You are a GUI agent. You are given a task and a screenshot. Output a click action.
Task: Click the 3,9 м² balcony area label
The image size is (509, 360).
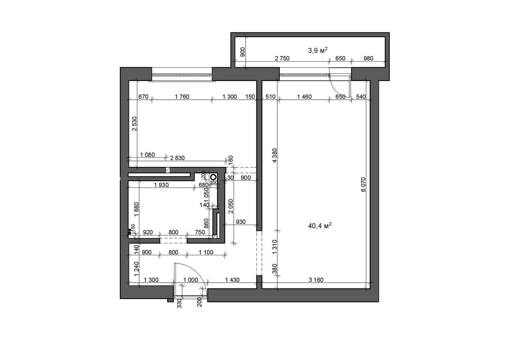coord(318,50)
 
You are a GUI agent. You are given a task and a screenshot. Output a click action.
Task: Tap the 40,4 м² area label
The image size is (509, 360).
coord(320,226)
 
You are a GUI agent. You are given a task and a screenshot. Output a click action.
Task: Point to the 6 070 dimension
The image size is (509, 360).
coord(363,184)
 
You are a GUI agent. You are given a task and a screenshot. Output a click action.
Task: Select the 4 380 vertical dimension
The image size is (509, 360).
coord(275,155)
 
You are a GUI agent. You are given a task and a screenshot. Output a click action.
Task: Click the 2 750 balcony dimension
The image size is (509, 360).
coord(282,58)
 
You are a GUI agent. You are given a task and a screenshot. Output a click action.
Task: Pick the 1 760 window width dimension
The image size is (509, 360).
coord(182,96)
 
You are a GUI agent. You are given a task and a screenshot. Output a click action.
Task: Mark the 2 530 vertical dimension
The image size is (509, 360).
coord(135,124)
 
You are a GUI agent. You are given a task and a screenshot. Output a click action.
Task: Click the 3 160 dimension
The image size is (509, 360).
coord(316,280)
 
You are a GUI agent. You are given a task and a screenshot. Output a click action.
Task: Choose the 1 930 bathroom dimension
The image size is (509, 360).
coord(162,185)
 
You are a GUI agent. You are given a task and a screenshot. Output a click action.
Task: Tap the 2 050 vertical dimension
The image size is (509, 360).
coord(231,207)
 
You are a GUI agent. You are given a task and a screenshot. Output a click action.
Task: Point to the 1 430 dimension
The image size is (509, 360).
coord(232,280)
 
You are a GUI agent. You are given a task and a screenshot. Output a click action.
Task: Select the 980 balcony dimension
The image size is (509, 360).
coord(368,58)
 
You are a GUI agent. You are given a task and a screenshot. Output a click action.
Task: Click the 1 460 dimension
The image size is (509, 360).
coord(304,96)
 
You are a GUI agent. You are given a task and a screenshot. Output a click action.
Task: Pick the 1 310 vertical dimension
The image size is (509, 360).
coord(275,247)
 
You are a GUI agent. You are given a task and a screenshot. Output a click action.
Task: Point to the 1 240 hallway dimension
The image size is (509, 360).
coord(136,269)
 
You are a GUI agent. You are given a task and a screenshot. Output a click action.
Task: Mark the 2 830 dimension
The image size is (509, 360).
coord(177,158)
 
